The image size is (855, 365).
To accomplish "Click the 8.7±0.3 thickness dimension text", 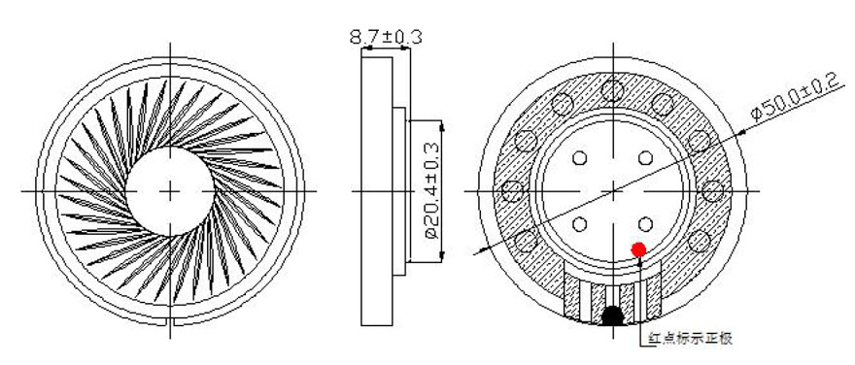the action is click(x=386, y=37).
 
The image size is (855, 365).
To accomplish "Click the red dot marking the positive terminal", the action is click(x=638, y=250).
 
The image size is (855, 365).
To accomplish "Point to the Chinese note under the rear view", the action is click(x=689, y=339).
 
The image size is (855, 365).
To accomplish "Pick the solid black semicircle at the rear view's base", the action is click(x=613, y=315).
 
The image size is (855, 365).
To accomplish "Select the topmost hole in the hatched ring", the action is click(x=613, y=90).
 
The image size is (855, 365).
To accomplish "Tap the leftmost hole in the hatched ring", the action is click(x=513, y=191).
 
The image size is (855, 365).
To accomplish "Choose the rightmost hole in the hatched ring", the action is click(x=713, y=191).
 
